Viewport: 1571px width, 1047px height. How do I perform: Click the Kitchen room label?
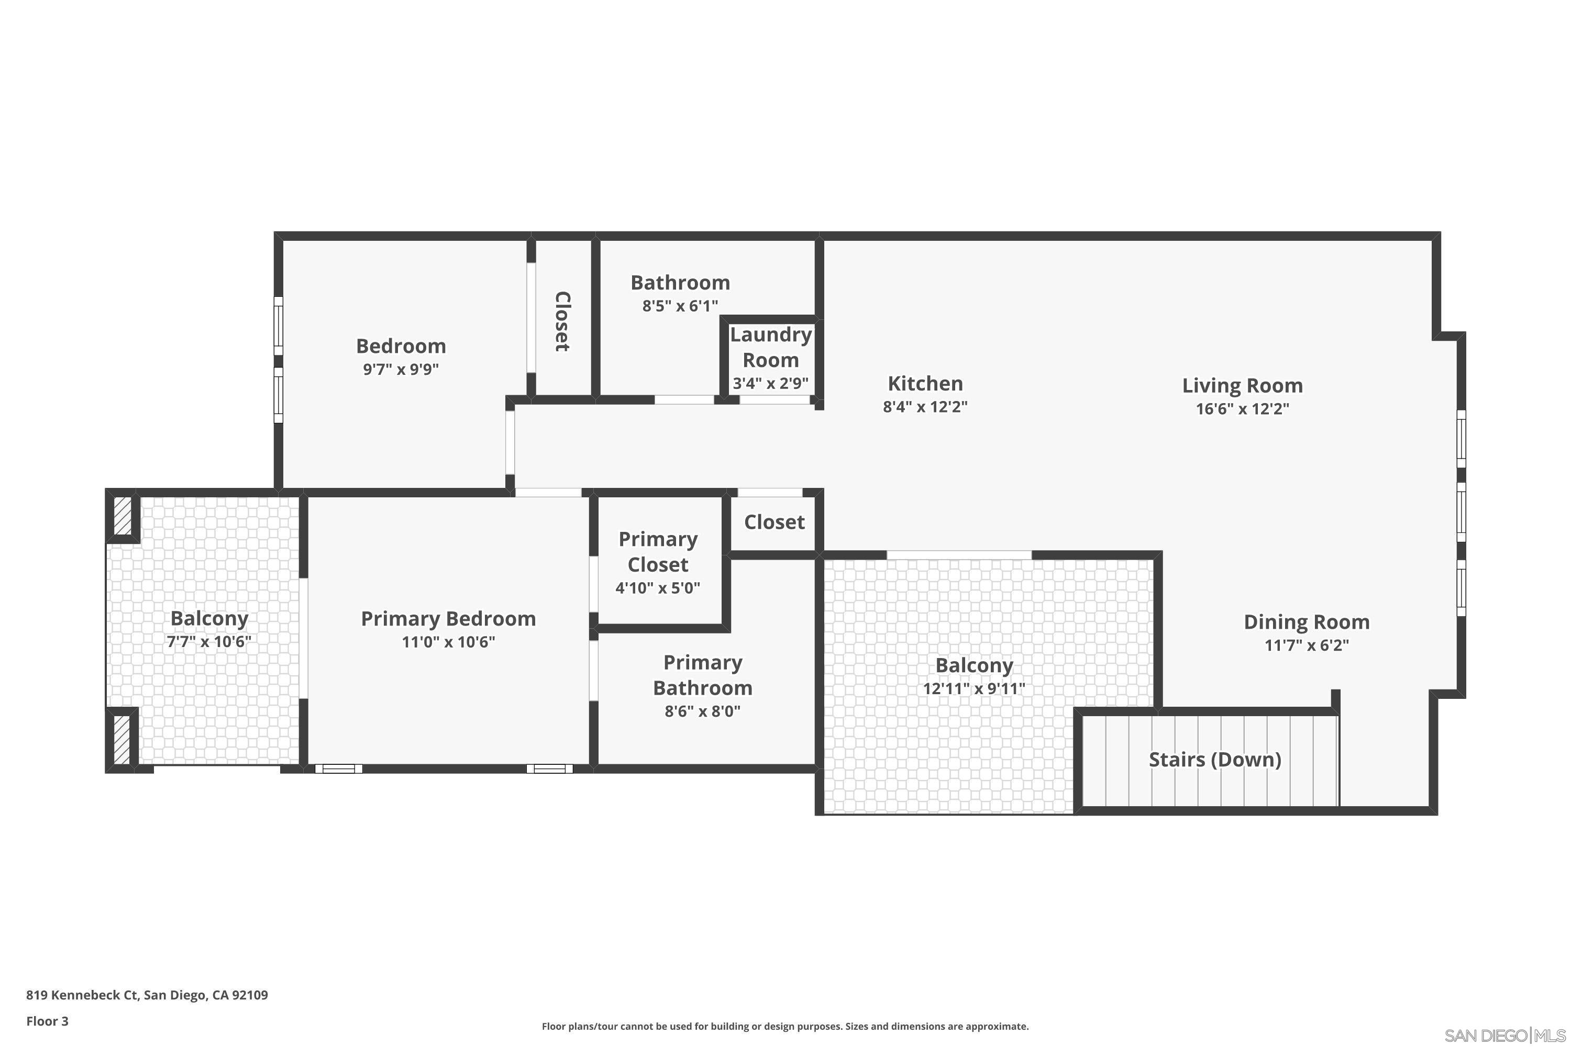pos(925,383)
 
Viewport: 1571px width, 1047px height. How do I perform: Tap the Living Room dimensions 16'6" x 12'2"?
pos(1242,409)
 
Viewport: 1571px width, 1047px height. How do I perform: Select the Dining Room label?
pos(1307,622)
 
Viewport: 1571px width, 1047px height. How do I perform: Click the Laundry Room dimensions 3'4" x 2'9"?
pos(771,383)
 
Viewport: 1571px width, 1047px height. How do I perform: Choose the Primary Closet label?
pos(658,552)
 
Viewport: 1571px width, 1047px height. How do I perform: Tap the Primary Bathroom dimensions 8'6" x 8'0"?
pos(703,711)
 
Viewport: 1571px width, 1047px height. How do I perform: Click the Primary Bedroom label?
pos(448,618)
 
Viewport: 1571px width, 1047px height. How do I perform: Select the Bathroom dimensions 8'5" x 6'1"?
pos(680,306)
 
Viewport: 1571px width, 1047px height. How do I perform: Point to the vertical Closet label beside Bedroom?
pos(562,321)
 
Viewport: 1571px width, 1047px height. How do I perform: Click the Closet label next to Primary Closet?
pos(774,522)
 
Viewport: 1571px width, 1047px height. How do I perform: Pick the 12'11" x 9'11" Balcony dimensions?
pos(974,688)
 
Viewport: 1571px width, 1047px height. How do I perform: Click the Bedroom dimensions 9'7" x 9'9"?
pos(401,369)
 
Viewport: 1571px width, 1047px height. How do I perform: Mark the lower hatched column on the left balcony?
pos(122,740)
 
